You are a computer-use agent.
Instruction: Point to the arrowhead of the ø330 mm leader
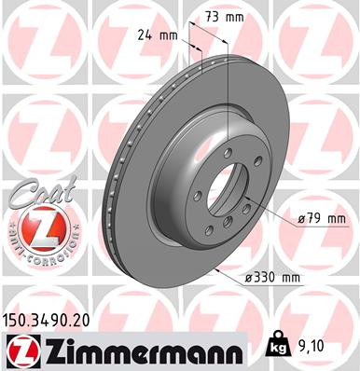[x=215, y=271]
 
